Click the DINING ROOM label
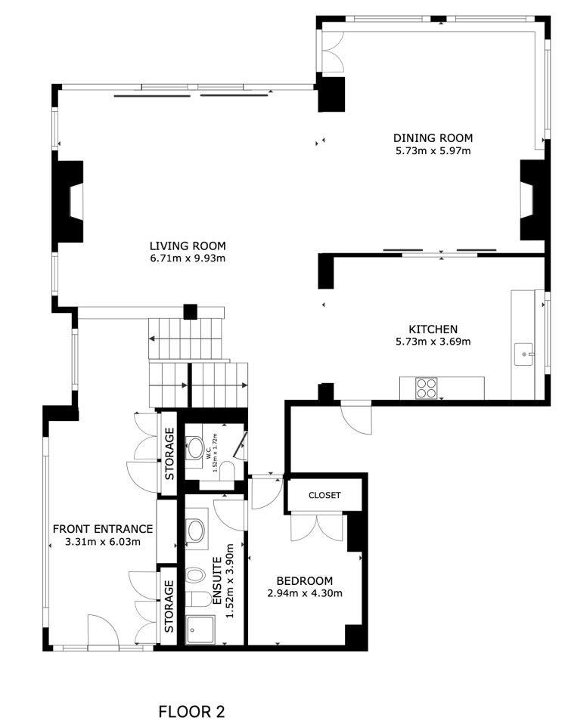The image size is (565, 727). pyautogui.click(x=433, y=138)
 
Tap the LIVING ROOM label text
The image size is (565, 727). pyautogui.click(x=188, y=246)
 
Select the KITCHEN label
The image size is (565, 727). pyautogui.click(x=433, y=329)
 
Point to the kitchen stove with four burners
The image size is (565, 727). pyautogui.click(x=427, y=388)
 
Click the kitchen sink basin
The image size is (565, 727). pyautogui.click(x=524, y=354)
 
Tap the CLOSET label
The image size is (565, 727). pyautogui.click(x=324, y=495)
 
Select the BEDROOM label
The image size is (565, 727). pyautogui.click(x=304, y=580)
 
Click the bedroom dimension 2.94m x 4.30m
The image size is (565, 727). pyautogui.click(x=305, y=593)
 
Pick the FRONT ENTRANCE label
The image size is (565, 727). pyautogui.click(x=103, y=528)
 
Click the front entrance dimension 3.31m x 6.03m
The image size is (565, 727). pyautogui.click(x=103, y=541)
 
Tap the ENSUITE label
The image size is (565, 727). pyautogui.click(x=216, y=580)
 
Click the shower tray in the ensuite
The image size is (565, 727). pyautogui.click(x=200, y=630)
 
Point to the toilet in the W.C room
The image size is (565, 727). pyautogui.click(x=227, y=472)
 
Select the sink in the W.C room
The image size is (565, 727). pyautogui.click(x=195, y=448)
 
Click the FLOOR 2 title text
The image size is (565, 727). pyautogui.click(x=191, y=711)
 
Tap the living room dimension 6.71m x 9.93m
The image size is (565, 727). pyautogui.click(x=188, y=258)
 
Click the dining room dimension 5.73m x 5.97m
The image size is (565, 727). pyautogui.click(x=433, y=150)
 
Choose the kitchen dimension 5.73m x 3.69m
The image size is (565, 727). pyautogui.click(x=433, y=342)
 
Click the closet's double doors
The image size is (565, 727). pyautogui.click(x=317, y=527)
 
